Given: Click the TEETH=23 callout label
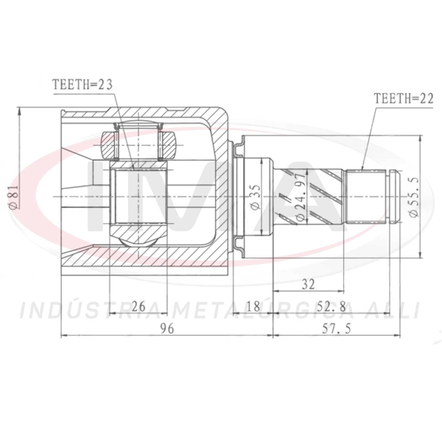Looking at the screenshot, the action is (83, 85).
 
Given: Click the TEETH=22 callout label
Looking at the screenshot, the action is (404, 99).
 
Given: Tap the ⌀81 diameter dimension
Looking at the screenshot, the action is (14, 197).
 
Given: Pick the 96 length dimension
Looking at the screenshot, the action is (167, 329).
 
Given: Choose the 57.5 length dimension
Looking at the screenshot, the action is (336, 329).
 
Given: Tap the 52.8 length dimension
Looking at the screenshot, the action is (331, 307).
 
